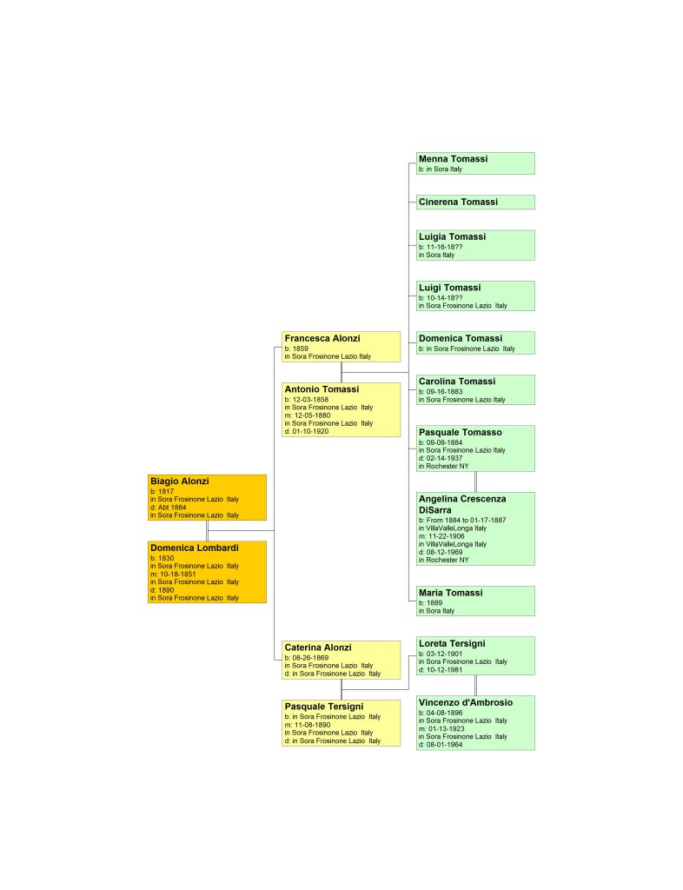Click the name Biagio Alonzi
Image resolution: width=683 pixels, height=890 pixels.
coord(179,482)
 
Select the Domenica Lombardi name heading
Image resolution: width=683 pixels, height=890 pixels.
coord(194,548)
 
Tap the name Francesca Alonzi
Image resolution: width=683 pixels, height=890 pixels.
coord(322,338)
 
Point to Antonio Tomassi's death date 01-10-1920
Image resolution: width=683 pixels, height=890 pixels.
coord(310,431)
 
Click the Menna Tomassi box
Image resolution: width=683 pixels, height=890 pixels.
coord(475,163)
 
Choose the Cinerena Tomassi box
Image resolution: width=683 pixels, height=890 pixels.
coord(475,202)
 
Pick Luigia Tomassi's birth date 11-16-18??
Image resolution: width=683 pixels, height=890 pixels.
coord(444,248)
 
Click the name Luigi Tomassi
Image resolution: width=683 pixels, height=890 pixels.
coord(449,288)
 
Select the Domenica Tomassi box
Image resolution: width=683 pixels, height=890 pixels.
coord(475,342)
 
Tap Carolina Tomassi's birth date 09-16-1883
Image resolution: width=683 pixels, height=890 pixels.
coord(444,392)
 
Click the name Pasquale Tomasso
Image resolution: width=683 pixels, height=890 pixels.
coord(460,433)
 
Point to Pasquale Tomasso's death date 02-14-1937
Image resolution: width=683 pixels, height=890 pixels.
coord(444,458)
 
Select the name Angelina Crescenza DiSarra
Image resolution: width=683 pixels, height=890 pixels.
coord(462,505)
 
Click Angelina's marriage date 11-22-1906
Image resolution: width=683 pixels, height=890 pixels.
coord(446,536)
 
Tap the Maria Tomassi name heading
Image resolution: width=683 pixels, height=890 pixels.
coord(450,593)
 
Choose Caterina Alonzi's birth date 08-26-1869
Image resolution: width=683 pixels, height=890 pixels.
coord(310,658)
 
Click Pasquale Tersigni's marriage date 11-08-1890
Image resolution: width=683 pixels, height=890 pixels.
coord(312,725)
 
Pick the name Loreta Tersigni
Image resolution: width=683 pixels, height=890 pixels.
coord(452,644)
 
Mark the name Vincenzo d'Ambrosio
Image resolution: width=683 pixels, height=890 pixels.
coord(465,702)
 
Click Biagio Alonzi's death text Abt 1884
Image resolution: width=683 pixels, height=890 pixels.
coord(172,508)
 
